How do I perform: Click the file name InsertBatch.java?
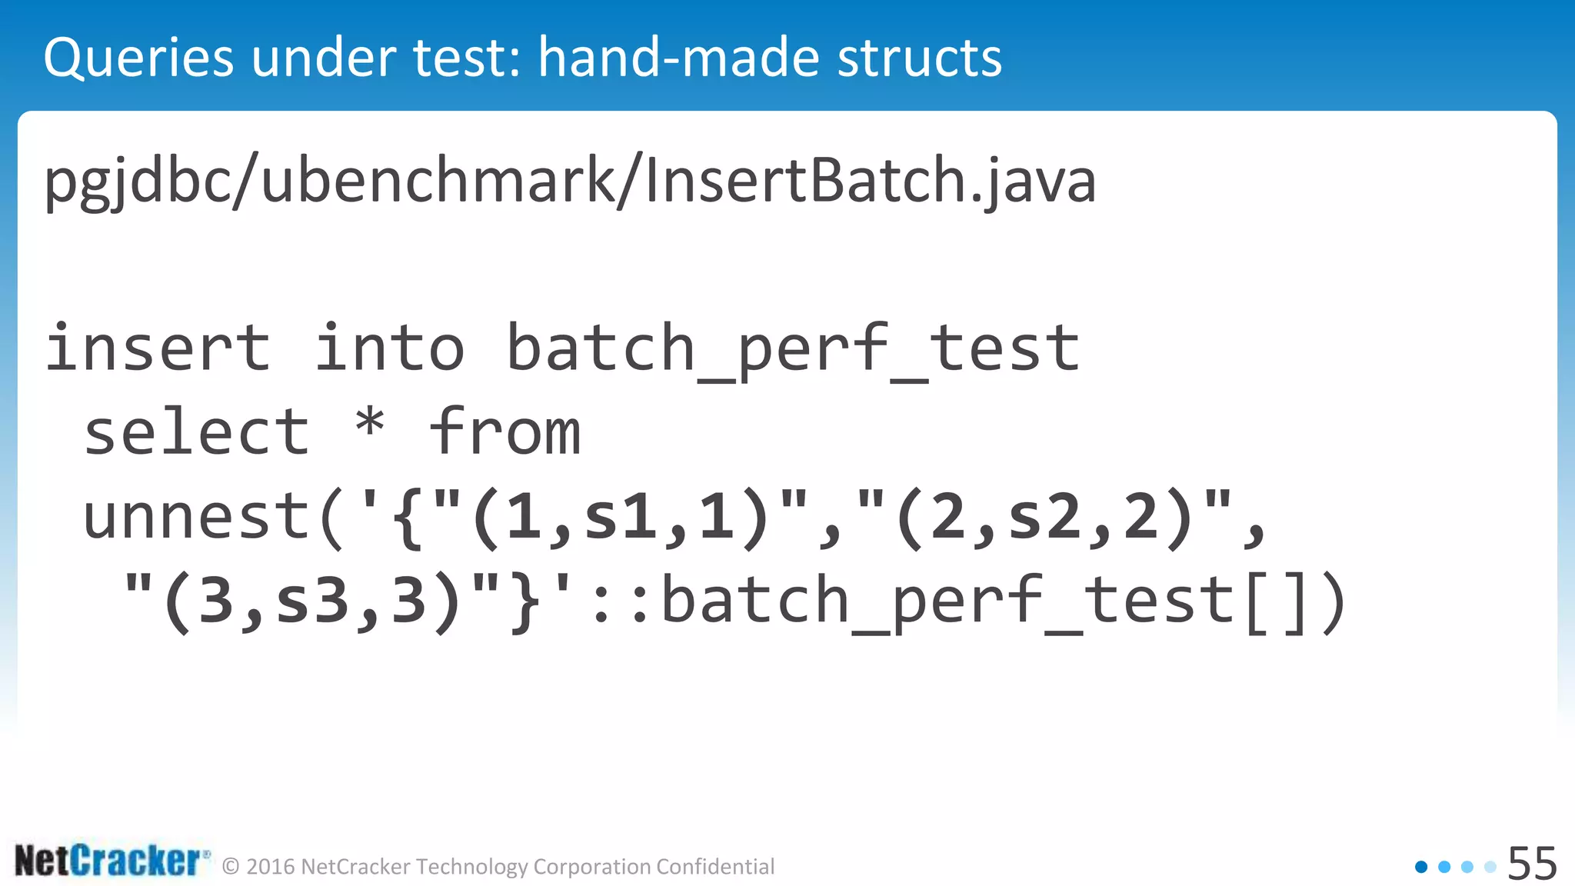point(870,182)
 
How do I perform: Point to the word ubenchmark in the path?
point(438,182)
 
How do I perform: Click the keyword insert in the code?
point(158,348)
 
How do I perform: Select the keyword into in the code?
point(390,348)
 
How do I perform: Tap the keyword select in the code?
point(197,432)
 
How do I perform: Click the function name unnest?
point(197,517)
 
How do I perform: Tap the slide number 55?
point(1532,864)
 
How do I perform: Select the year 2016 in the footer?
point(271,867)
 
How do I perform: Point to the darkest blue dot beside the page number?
point(1421,867)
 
